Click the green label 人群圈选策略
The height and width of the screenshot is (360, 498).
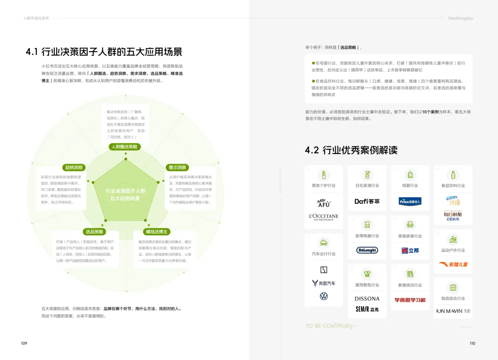(x=125, y=147)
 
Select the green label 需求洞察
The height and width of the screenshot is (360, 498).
(x=177, y=167)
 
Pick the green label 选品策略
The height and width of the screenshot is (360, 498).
(x=95, y=231)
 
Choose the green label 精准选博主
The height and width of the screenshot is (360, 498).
(x=157, y=231)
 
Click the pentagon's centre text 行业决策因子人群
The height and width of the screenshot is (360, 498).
(x=125, y=190)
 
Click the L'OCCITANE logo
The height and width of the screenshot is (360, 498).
(x=324, y=217)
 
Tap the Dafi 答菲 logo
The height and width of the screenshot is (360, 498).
(x=367, y=201)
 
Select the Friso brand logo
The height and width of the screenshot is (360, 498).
(x=410, y=201)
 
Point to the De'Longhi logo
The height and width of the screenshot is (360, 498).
(x=367, y=250)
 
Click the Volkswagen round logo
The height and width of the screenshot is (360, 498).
(x=324, y=296)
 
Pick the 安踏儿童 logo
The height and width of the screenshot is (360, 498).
(x=453, y=265)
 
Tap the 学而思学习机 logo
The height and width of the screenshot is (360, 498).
(x=410, y=300)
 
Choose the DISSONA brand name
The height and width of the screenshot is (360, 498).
(x=367, y=299)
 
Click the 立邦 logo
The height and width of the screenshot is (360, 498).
(x=410, y=250)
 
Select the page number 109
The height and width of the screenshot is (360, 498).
(x=24, y=343)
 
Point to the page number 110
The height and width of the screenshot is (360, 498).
(x=472, y=343)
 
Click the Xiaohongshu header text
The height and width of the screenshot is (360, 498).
(x=460, y=18)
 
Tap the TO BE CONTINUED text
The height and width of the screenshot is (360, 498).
(x=331, y=326)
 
